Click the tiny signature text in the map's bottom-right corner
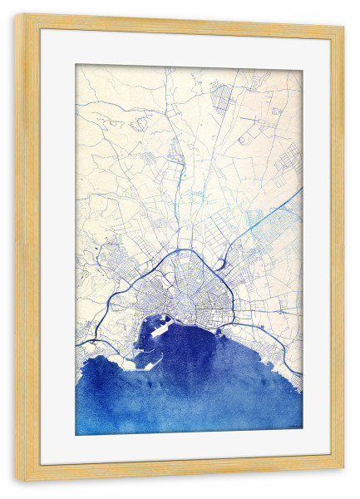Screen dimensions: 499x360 (292, 428)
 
